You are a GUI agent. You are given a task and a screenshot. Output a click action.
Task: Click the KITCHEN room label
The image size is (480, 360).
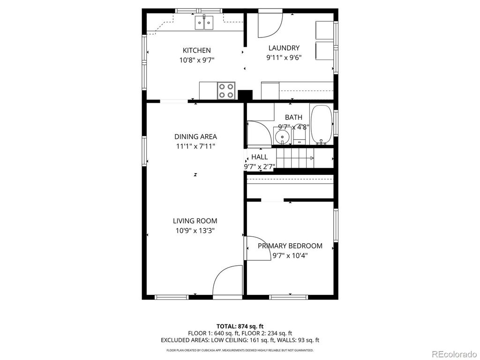(196, 50)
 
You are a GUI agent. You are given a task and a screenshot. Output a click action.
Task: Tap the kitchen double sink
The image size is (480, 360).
(204, 22)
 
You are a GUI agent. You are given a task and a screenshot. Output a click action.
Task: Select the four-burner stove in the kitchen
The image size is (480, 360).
(226, 90)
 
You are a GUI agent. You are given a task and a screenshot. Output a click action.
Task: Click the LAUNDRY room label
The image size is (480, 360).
(284, 48)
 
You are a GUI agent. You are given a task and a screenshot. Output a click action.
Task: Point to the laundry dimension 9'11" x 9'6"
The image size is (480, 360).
(284, 58)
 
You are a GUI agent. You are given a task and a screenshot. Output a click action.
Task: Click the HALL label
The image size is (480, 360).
(259, 157)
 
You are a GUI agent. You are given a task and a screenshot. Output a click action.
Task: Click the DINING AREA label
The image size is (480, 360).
(195, 136)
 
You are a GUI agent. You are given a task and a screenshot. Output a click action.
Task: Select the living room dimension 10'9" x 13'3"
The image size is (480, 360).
(195, 231)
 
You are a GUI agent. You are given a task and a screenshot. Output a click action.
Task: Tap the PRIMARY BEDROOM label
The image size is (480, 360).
(290, 246)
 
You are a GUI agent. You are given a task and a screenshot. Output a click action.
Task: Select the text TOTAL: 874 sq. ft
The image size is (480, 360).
(240, 326)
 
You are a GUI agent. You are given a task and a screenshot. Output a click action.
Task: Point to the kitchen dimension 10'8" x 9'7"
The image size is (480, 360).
(196, 60)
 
